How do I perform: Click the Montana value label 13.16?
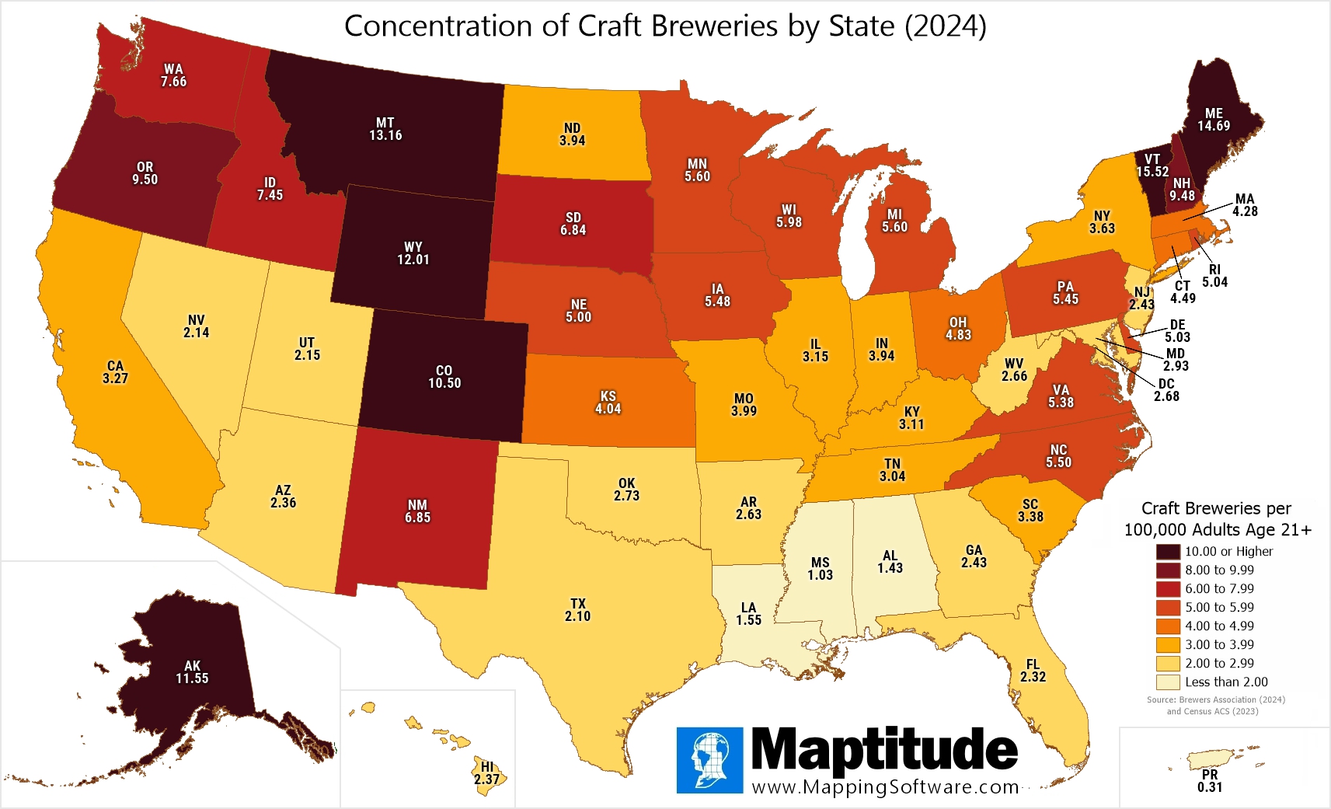click(385, 135)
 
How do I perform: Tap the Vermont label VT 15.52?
click(1152, 166)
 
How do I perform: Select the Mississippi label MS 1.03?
click(820, 569)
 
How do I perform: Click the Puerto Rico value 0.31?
click(1210, 787)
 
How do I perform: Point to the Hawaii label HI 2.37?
click(487, 773)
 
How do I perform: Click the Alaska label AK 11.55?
click(192, 672)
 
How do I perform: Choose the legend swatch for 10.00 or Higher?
click(1168, 552)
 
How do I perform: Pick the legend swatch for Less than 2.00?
click(1168, 682)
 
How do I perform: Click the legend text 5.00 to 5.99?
click(1219, 608)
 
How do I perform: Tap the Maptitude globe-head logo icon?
click(709, 760)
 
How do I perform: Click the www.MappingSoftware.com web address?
click(885, 787)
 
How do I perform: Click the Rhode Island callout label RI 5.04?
click(1214, 276)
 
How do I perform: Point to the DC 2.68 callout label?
click(1166, 390)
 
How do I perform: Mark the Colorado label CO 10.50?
click(444, 377)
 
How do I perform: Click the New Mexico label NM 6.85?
click(417, 511)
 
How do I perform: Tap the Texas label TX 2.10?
click(577, 610)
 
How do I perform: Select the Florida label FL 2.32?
click(1033, 671)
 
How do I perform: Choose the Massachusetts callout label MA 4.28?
click(1245, 205)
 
